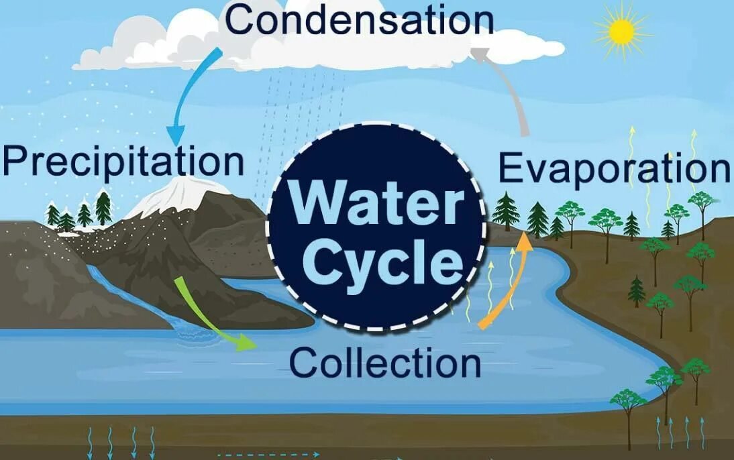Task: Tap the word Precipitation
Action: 123,161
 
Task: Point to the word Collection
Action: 385,363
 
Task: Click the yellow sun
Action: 621,31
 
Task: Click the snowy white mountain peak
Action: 176,194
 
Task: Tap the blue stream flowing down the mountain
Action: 134,295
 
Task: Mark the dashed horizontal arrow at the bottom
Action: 268,455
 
